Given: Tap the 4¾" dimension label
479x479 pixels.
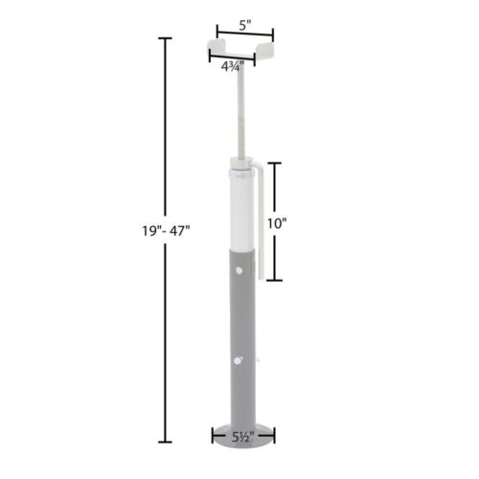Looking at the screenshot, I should pos(232,66).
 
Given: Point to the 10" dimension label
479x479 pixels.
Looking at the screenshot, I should pos(278,222).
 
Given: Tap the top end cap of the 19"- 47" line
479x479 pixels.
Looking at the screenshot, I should pos(165,38).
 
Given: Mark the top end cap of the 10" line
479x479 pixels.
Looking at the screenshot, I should pos(273,164).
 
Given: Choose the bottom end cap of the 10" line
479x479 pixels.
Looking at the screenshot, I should pos(273,281).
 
